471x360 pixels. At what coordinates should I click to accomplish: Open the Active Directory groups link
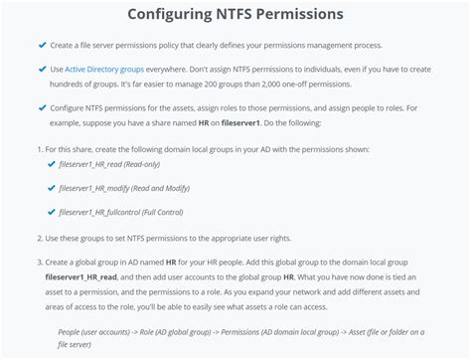coord(101,69)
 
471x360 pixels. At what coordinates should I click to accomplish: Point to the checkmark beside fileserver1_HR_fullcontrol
coord(51,212)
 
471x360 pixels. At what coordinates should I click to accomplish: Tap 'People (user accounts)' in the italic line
coord(92,330)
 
